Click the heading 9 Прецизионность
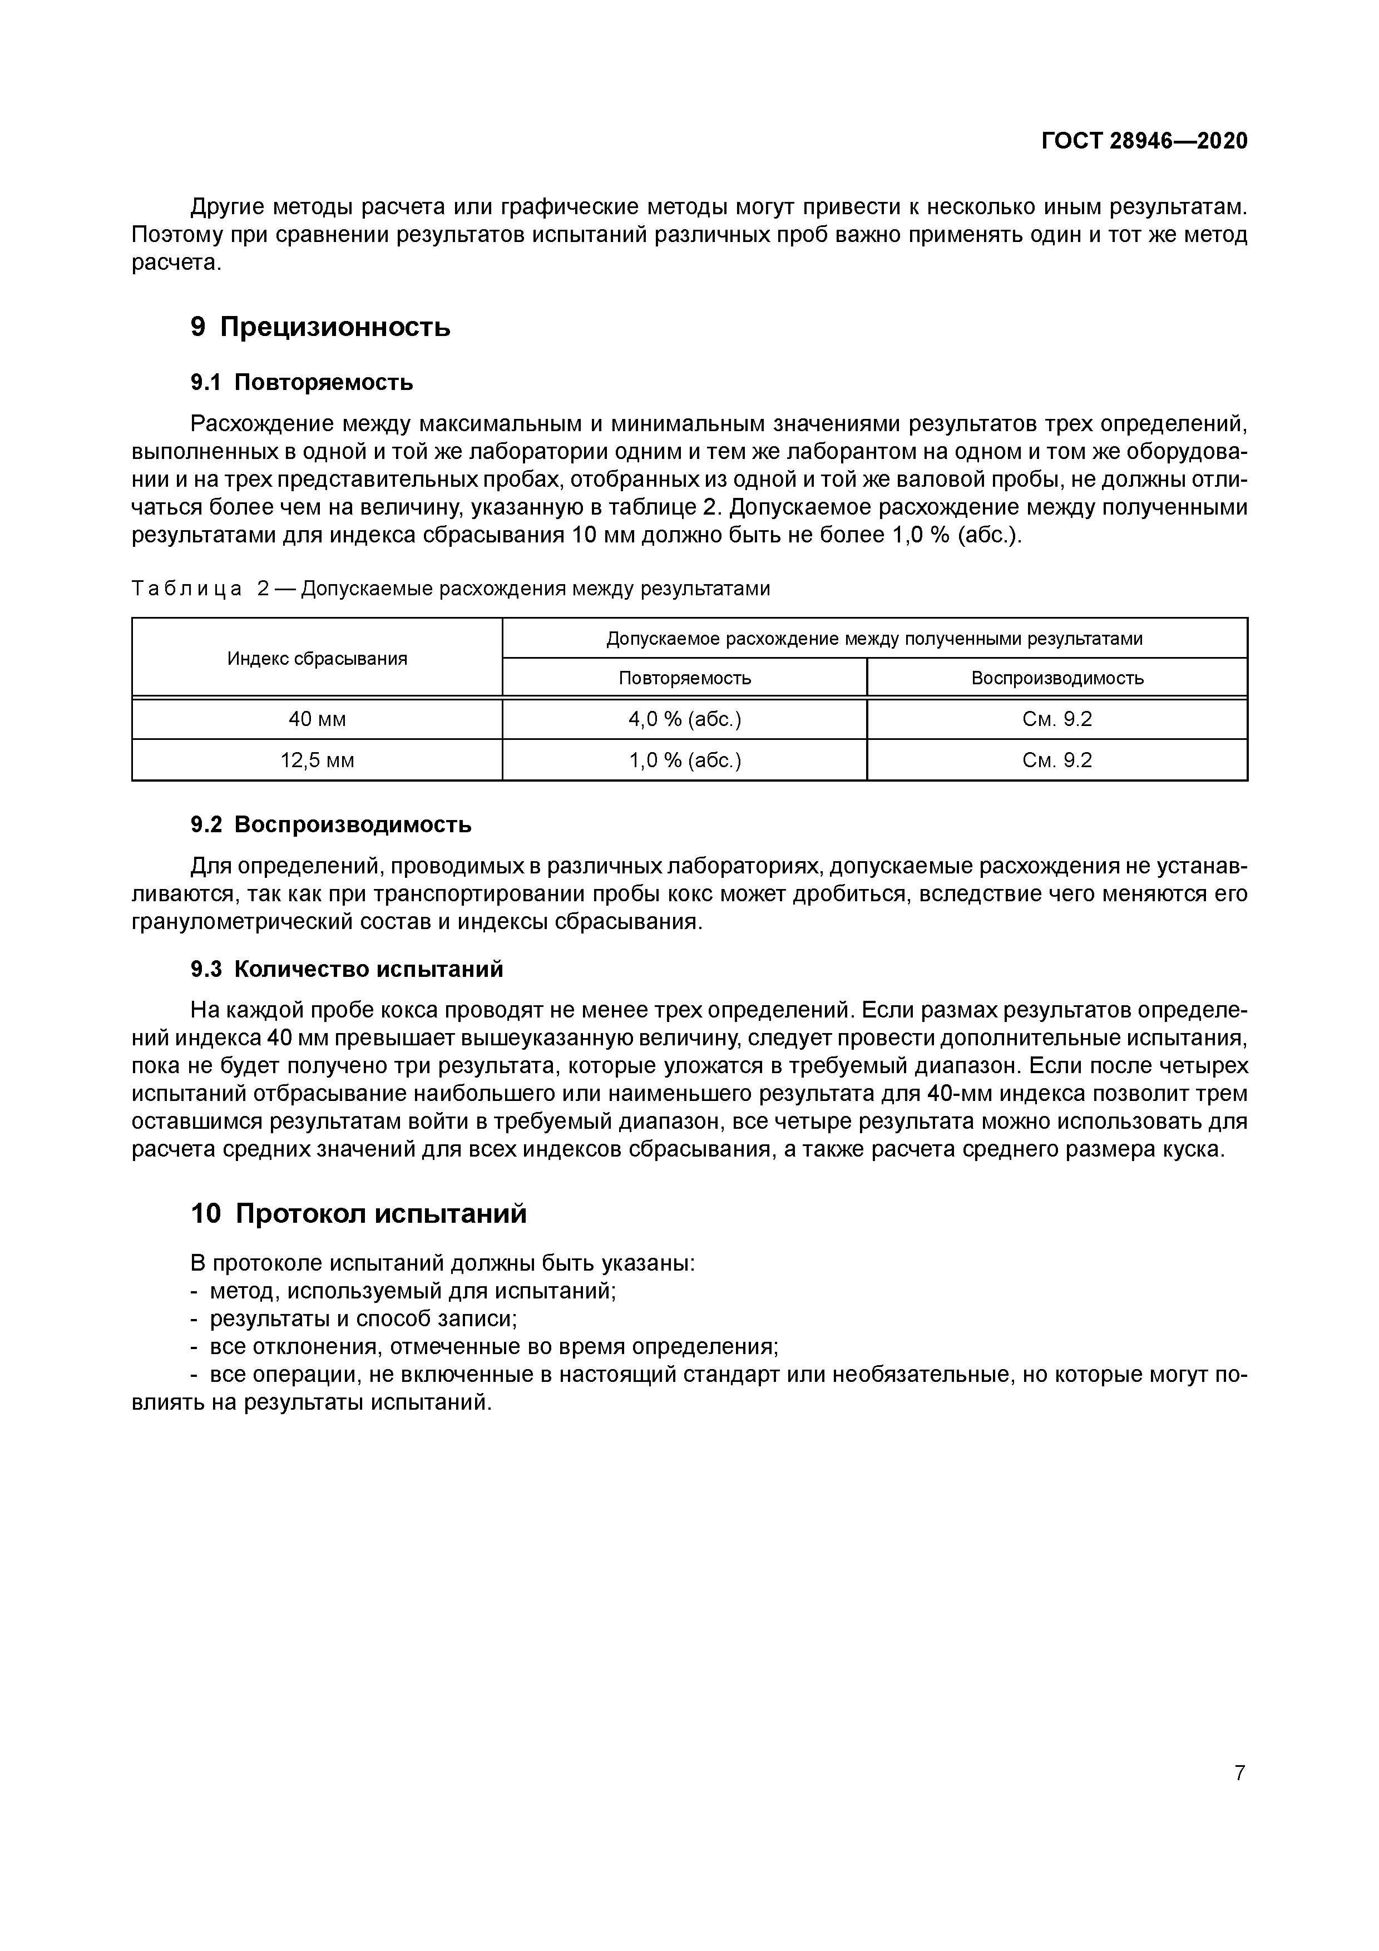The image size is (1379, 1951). click(320, 327)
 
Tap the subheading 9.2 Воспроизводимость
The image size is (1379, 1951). click(330, 824)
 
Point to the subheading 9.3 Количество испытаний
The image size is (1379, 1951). click(346, 969)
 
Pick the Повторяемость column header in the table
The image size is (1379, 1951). click(684, 678)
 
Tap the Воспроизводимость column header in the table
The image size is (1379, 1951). click(1057, 678)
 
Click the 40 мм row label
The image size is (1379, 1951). click(317, 719)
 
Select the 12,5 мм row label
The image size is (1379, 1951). click(317, 760)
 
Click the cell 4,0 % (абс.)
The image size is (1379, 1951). click(684, 719)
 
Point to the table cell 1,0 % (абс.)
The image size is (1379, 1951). click(684, 760)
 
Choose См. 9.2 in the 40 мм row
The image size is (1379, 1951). click(1057, 719)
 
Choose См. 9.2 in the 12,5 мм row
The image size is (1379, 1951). click(1057, 760)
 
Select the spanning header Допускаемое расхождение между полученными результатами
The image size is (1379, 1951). click(874, 638)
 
